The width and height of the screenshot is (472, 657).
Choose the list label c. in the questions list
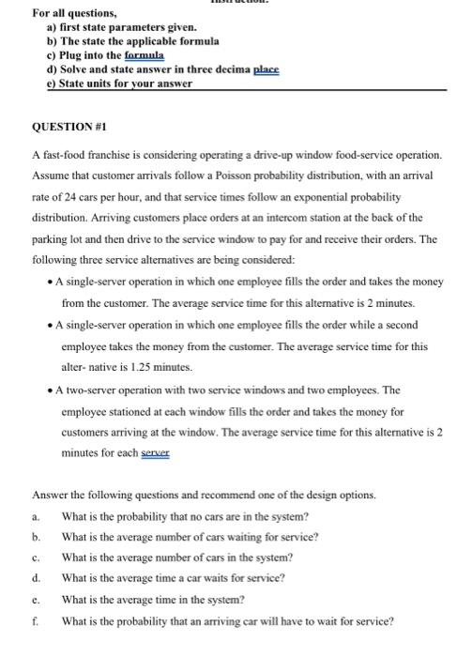tap(35, 557)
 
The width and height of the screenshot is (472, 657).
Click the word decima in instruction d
tap(225, 69)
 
